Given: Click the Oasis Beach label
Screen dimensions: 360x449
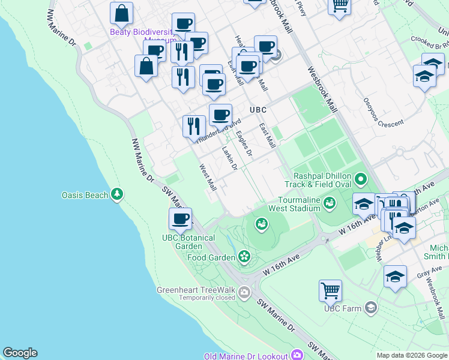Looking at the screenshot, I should tap(85, 195).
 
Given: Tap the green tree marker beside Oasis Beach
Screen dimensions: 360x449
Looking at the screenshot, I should tap(117, 194).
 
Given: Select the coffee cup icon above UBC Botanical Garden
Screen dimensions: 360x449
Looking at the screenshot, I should tap(180, 219).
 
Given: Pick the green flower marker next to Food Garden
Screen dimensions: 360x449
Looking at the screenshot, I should tap(244, 257).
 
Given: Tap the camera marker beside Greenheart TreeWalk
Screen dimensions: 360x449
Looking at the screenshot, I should tap(244, 293).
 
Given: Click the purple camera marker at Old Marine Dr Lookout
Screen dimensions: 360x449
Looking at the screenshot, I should tap(297, 356).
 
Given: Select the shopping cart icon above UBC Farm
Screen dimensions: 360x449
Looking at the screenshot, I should tap(330, 291).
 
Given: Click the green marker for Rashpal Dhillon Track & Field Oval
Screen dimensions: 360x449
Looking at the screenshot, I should tap(361, 179).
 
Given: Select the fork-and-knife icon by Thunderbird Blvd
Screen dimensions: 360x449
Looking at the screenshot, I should tap(193, 125).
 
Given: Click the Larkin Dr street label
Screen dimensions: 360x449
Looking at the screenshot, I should tap(229, 158).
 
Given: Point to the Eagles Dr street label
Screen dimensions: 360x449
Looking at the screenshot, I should tap(244, 144).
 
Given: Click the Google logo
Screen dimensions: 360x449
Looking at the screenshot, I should tap(20, 353).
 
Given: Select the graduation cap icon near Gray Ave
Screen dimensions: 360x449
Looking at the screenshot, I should tap(395, 277).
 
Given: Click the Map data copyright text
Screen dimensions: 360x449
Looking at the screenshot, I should tap(411, 355).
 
